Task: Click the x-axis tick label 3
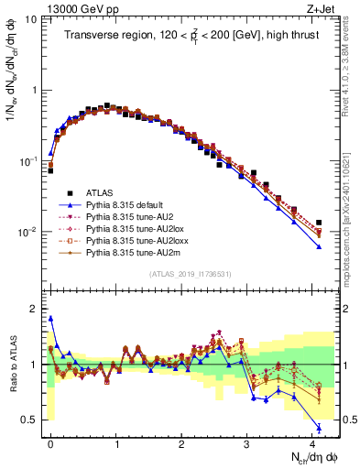(x=246, y=441)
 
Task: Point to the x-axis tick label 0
(x=50, y=441)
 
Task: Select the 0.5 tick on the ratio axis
(x=31, y=420)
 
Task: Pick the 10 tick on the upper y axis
(x=29, y=19)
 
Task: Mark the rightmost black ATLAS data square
(x=319, y=223)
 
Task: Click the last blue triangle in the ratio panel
(x=319, y=428)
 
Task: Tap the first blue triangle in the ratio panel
(x=50, y=319)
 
